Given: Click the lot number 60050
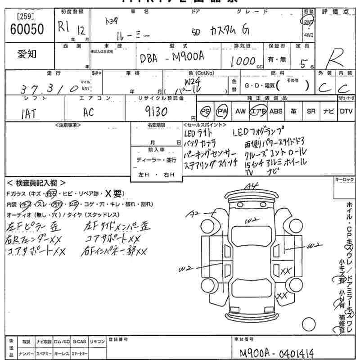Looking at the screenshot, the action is [x=27, y=30].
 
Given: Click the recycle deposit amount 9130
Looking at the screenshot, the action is [x=156, y=111].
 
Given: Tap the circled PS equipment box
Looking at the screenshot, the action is [x=205, y=111].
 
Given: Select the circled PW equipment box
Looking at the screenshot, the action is [x=222, y=111].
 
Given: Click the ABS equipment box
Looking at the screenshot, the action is [x=276, y=111].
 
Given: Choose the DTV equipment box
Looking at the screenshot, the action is [x=346, y=111].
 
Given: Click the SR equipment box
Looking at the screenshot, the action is [x=311, y=111].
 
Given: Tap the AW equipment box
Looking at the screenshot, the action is [x=240, y=111].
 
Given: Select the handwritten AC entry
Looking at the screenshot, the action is [x=88, y=112].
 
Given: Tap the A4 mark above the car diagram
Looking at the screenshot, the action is [x=253, y=185].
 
